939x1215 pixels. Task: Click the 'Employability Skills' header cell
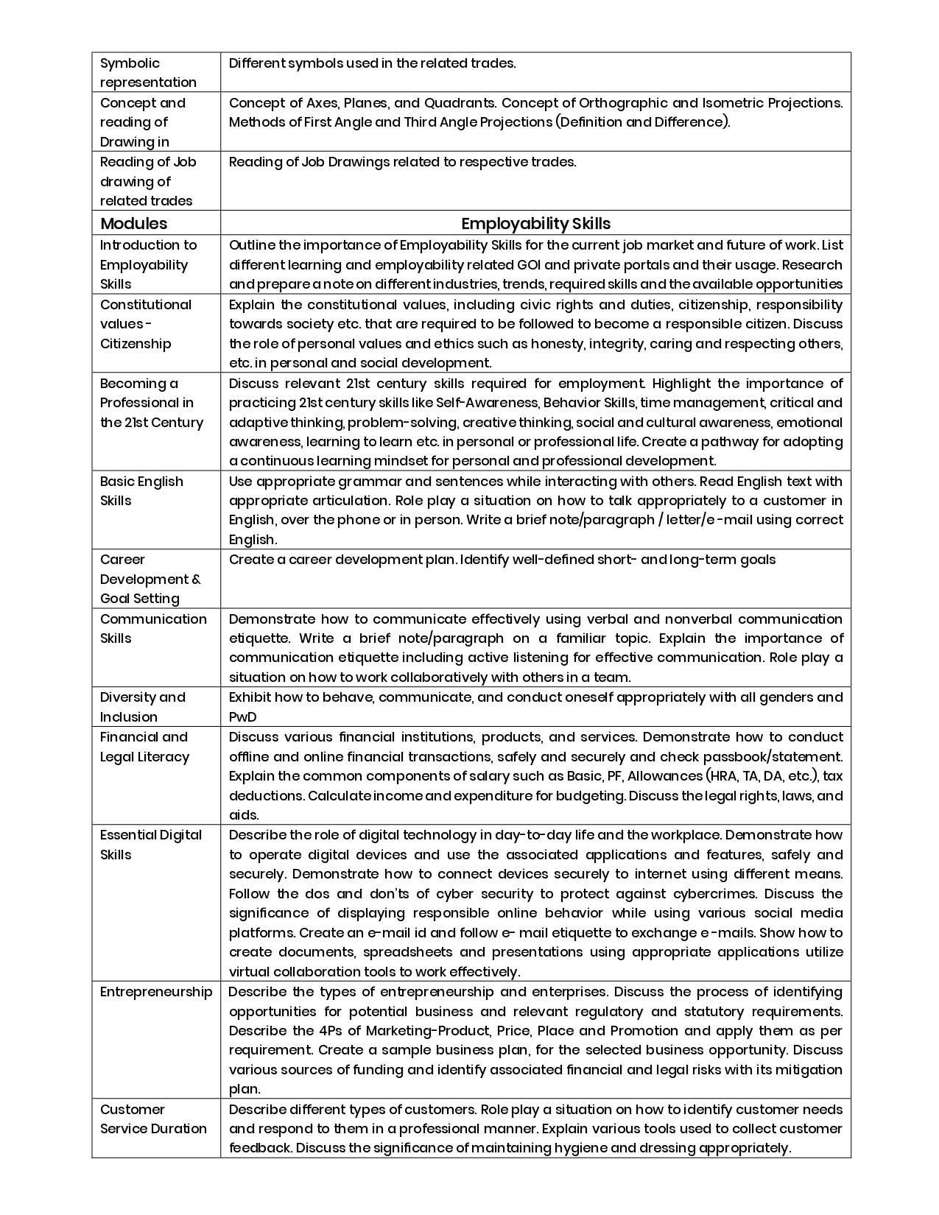pos(535,224)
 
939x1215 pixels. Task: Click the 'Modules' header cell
pos(133,224)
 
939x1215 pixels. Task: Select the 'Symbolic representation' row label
pos(148,73)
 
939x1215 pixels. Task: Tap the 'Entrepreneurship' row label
pos(156,992)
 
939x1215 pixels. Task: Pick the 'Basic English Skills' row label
pos(141,491)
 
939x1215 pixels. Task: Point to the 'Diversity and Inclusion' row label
pos(143,707)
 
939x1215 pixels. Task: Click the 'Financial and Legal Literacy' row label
pos(144,747)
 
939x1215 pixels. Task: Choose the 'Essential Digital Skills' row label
pos(151,845)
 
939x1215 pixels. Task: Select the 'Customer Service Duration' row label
pos(153,1119)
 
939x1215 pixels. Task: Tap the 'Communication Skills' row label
pos(153,629)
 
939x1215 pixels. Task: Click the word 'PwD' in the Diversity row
pos(242,717)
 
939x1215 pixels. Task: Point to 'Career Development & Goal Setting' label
pos(150,580)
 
